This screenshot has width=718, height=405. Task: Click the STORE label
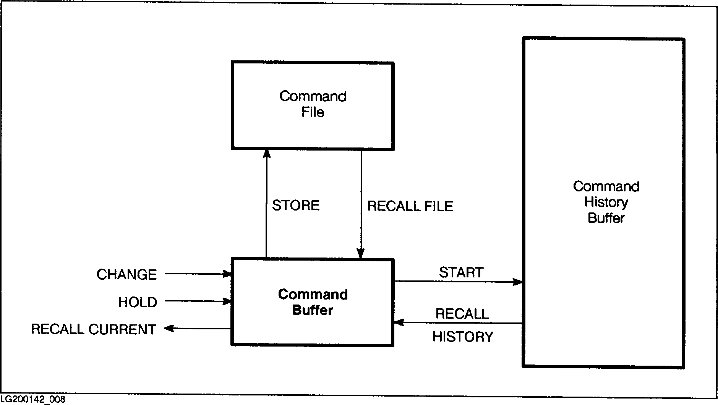(295, 206)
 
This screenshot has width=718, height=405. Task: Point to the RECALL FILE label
(410, 206)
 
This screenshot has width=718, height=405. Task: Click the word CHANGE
(126, 275)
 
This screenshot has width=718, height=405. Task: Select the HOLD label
(138, 302)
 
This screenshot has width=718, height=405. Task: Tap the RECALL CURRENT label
(94, 329)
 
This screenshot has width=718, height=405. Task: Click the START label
(461, 272)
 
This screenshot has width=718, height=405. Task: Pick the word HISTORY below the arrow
(463, 337)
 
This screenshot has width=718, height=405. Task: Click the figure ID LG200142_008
(32, 400)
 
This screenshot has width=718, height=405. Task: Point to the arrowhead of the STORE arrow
(266, 153)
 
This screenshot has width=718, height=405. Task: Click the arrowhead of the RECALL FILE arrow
(360, 254)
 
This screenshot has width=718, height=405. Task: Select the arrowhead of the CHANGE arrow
(228, 274)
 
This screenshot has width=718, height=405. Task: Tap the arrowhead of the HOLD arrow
(228, 301)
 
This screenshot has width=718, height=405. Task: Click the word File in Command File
(313, 112)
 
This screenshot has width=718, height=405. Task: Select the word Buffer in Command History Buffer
(606, 218)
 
